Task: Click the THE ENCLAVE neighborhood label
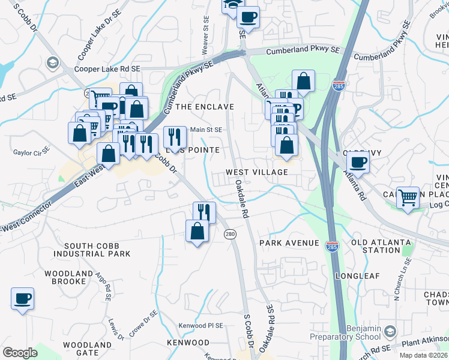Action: click(204, 107)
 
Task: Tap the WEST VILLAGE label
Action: click(257, 172)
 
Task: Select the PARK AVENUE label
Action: click(289, 243)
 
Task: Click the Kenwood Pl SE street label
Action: click(200, 326)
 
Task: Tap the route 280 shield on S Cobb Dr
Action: click(229, 233)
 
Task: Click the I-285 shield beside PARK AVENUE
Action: click(331, 246)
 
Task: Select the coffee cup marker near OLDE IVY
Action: click(358, 161)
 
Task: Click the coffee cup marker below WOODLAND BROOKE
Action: click(23, 298)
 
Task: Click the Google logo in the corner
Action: click(20, 353)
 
